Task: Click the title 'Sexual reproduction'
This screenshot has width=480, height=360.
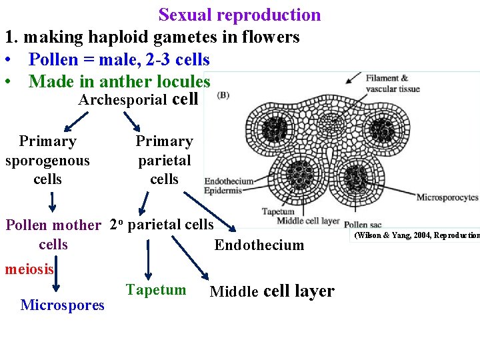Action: pyautogui.click(x=239, y=15)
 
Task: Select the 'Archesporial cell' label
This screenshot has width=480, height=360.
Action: pyautogui.click(x=138, y=100)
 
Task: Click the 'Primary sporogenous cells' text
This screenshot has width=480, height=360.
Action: pyautogui.click(x=47, y=160)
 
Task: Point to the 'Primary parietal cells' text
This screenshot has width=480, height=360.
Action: pyautogui.click(x=164, y=160)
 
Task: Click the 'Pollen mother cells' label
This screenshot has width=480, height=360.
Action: pyautogui.click(x=53, y=234)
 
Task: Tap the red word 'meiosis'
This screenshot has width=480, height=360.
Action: pyautogui.click(x=29, y=269)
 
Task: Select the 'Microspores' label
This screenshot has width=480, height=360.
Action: pyautogui.click(x=63, y=305)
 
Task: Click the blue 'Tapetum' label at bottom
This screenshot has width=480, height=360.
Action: pyautogui.click(x=156, y=289)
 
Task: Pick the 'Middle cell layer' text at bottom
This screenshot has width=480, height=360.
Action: pyautogui.click(x=272, y=291)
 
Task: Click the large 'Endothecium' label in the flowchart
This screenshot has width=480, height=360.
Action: pyautogui.click(x=259, y=245)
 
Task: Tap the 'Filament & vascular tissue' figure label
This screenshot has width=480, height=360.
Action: pyautogui.click(x=392, y=83)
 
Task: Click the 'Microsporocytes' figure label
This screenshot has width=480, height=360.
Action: pyautogui.click(x=447, y=197)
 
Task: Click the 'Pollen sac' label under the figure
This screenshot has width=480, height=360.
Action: pyautogui.click(x=363, y=225)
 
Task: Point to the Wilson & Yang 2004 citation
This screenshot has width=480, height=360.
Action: pyautogui.click(x=416, y=235)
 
